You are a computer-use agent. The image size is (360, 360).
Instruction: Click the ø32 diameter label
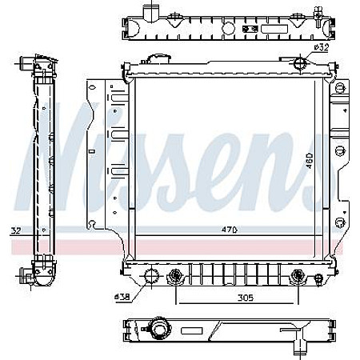coord(322,47)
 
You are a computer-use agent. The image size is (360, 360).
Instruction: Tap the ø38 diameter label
coord(122,296)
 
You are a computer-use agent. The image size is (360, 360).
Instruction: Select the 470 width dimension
coord(230,230)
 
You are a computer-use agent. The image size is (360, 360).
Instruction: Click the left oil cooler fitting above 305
coord(177,278)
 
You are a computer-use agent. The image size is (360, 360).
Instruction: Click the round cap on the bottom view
coord(159,330)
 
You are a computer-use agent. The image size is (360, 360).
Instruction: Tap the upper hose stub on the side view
coord(27,64)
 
